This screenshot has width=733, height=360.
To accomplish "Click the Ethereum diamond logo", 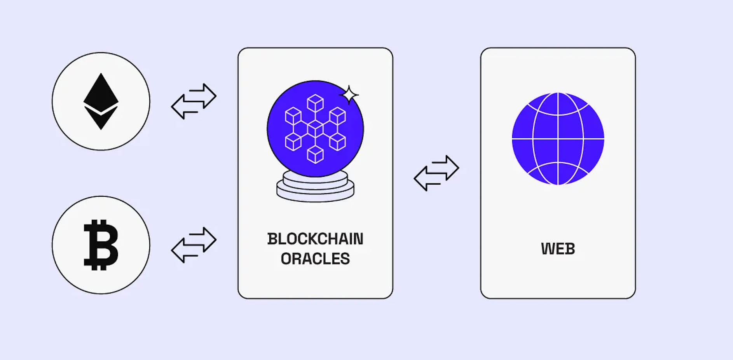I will pyautogui.click(x=101, y=101).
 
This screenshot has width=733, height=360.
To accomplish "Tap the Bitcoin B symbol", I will pyautogui.click(x=101, y=245).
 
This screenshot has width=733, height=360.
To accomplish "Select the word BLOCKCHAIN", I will pyautogui.click(x=315, y=239).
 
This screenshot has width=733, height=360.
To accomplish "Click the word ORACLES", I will pyautogui.click(x=315, y=259).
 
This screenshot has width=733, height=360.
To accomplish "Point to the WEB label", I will pyautogui.click(x=558, y=249).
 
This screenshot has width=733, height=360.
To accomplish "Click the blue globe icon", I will pyautogui.click(x=558, y=138).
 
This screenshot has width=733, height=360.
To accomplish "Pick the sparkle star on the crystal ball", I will pyautogui.click(x=349, y=95).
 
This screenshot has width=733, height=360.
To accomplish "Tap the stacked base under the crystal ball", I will pyautogui.click(x=315, y=187).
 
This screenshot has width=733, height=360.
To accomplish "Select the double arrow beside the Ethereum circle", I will pyautogui.click(x=194, y=101).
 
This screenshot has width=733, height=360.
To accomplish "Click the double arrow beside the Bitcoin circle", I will pyautogui.click(x=194, y=245).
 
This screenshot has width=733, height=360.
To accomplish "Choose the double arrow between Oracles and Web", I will pyautogui.click(x=436, y=173).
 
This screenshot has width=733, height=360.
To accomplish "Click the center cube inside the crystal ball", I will pyautogui.click(x=315, y=128).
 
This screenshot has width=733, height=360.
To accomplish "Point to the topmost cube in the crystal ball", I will pyautogui.click(x=315, y=103).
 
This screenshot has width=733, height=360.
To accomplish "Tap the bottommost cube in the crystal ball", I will pyautogui.click(x=315, y=154).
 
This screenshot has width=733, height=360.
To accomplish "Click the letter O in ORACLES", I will pyautogui.click(x=286, y=259).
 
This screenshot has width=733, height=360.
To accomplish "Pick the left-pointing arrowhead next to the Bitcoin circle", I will pyautogui.click(x=178, y=250).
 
